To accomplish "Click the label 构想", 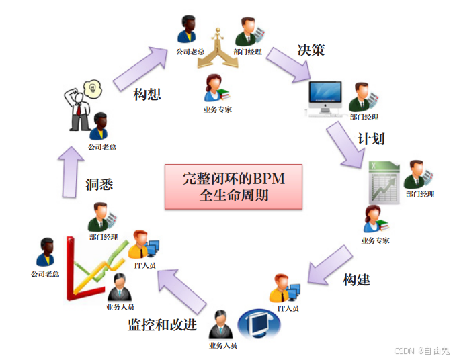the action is click(x=148, y=94).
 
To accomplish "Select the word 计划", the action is click(x=371, y=140).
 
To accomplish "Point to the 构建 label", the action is click(x=356, y=279).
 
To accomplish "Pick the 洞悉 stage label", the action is click(x=99, y=184).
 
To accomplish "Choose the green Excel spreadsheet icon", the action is click(x=384, y=182).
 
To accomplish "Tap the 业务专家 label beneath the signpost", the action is click(x=217, y=109).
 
